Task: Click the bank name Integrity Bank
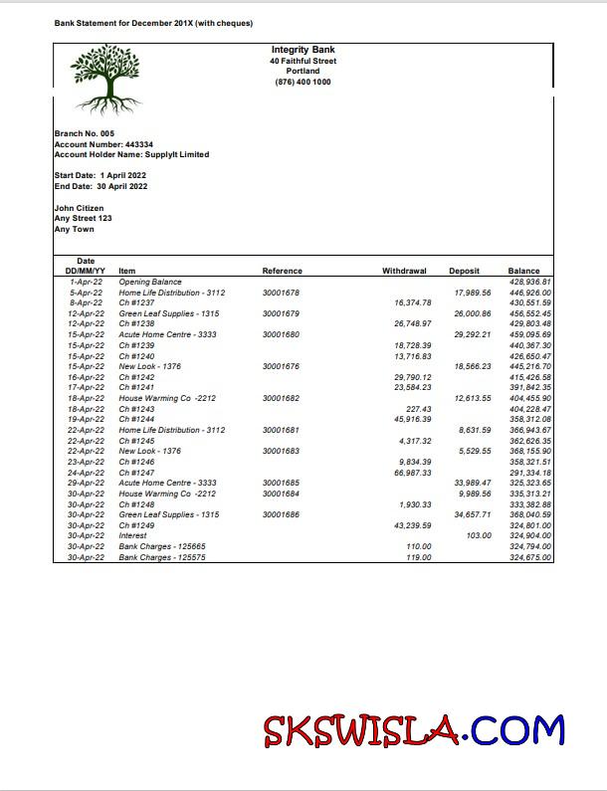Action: (303, 50)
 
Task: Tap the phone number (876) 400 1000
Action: (303, 83)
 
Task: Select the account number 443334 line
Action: (102, 144)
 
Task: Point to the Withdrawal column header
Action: (404, 271)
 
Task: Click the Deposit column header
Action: (464, 271)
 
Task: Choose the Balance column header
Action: (523, 271)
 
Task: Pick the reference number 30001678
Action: (281, 293)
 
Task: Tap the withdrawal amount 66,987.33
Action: (413, 473)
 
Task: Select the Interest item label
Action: (132, 535)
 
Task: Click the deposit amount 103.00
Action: (479, 535)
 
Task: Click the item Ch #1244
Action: (136, 420)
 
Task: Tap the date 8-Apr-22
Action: (86, 303)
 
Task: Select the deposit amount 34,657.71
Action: (473, 514)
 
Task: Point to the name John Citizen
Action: (79, 208)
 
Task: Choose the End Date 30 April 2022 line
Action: (101, 186)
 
